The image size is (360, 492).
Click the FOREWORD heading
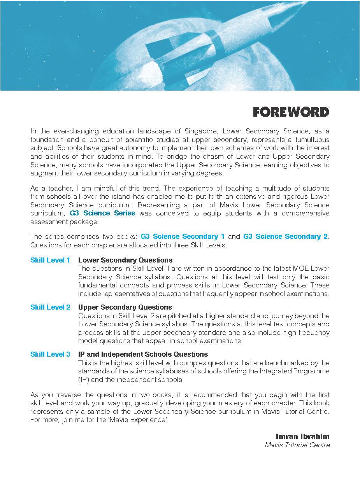coord(291,112)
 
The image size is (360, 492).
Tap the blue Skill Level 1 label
coord(50,260)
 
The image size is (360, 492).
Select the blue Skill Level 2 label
coord(50,307)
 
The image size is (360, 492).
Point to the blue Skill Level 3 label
coord(50,354)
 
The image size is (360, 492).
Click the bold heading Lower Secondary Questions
coord(125,260)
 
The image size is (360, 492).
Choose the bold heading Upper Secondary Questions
coord(125,307)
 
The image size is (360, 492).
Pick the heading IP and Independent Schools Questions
coord(143,354)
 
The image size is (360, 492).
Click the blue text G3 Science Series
coord(102,213)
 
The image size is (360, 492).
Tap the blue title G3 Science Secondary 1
coord(183,236)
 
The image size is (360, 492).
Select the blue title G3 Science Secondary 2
coord(285,236)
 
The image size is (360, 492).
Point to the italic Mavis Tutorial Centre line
coord(297,445)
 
